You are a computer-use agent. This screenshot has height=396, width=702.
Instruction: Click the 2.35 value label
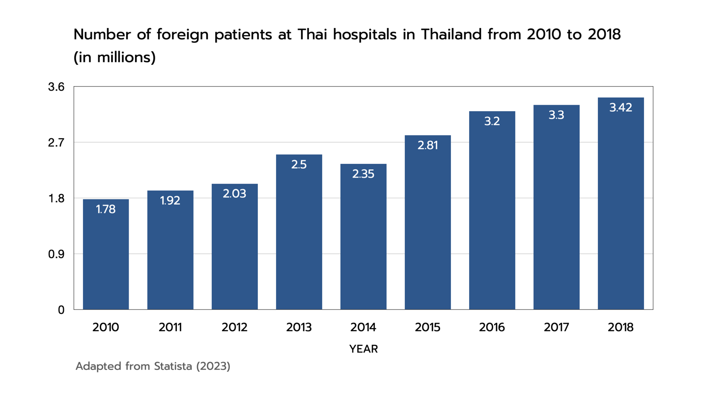click(364, 174)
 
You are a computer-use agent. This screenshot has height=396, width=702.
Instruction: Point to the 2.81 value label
click(427, 146)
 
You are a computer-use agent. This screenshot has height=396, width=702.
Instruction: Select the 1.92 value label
click(170, 201)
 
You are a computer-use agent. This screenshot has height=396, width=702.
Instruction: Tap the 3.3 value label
click(556, 115)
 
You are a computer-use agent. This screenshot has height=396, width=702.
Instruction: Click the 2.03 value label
click(234, 194)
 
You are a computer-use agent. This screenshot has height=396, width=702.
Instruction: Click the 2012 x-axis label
click(234, 328)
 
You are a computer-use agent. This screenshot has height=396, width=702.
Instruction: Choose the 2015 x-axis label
click(427, 328)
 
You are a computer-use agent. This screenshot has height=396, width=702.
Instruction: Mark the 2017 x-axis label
click(556, 328)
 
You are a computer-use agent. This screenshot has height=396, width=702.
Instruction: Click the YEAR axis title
click(364, 349)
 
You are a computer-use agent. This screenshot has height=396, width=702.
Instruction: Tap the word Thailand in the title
click(454, 35)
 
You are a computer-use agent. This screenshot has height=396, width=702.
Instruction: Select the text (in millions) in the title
click(114, 58)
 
